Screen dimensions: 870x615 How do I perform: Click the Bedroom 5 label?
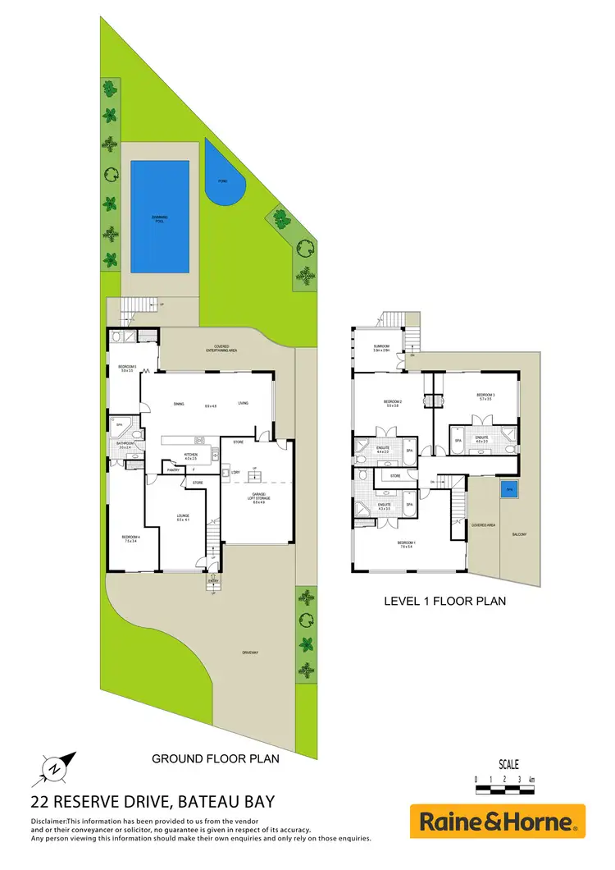(126, 368)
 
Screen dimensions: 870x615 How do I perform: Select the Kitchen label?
(190, 456)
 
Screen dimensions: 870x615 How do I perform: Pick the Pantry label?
(173, 470)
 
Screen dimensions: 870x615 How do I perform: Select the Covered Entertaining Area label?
(216, 349)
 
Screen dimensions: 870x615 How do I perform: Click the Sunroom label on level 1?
(380, 348)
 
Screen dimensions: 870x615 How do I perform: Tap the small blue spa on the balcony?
(509, 488)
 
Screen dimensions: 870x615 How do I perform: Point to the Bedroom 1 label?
(408, 545)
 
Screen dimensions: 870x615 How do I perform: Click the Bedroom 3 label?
(485, 397)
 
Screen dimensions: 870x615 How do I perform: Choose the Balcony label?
(518, 535)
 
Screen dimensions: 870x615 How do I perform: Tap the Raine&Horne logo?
(499, 821)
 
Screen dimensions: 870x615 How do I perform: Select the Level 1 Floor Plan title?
(445, 601)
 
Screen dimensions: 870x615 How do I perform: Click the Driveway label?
(250, 652)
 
